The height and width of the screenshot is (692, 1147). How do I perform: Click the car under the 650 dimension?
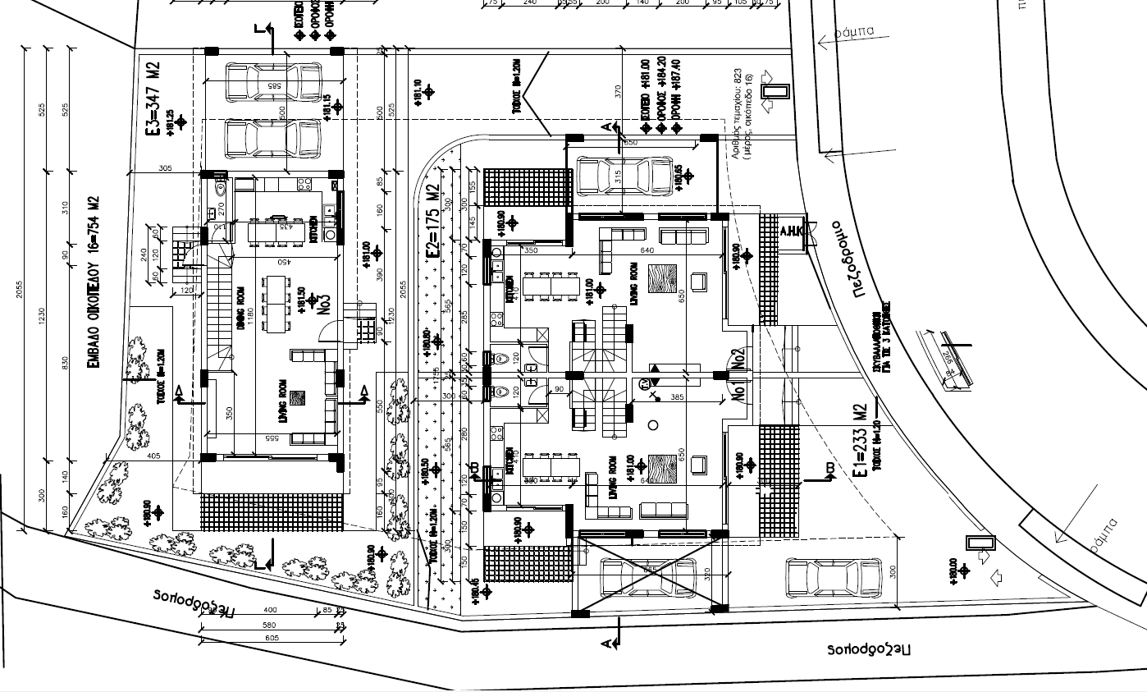(625, 174)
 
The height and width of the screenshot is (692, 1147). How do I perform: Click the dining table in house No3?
(276, 300)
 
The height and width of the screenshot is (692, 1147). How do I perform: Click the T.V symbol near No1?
(643, 383)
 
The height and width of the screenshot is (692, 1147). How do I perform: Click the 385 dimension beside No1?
(677, 397)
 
